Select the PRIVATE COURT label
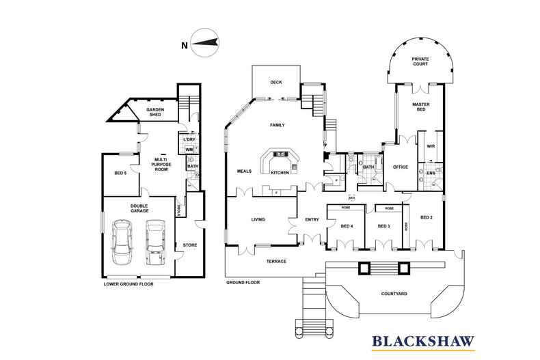[x=420, y=62]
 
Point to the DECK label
[x=275, y=82]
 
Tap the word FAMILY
[x=277, y=125]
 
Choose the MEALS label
[x=245, y=171]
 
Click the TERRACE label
[x=275, y=262]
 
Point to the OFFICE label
[x=400, y=167]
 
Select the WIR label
[x=431, y=146]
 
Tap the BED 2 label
[x=427, y=217]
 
